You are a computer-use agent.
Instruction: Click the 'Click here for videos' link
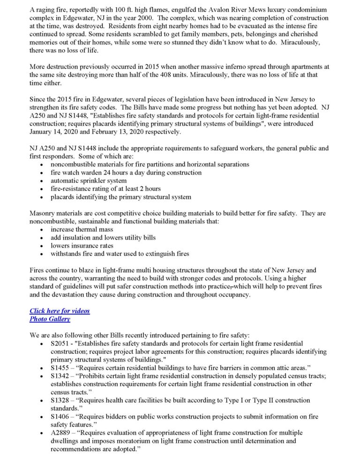point(60,311)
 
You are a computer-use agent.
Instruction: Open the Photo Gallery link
point(50,319)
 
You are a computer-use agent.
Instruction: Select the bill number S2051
point(60,343)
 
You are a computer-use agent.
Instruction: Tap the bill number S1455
point(60,368)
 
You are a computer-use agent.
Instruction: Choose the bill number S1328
point(60,400)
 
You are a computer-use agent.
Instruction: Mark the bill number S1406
point(60,417)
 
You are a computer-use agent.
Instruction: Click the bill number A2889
point(60,432)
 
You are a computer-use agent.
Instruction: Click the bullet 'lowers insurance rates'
point(82,245)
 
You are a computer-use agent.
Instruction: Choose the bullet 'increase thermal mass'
point(81,229)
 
